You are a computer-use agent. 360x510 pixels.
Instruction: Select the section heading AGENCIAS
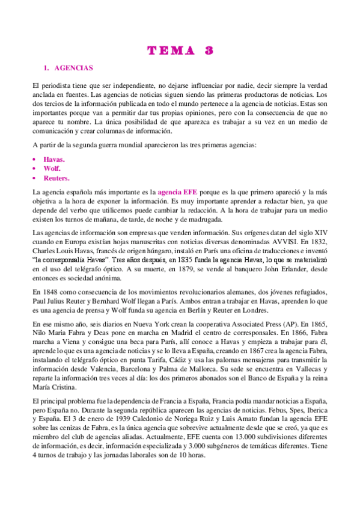point(72,69)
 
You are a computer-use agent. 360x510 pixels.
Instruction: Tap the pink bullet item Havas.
point(54,159)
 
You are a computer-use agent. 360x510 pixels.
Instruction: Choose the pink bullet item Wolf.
point(52,169)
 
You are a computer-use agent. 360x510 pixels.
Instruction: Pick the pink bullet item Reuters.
point(56,179)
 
